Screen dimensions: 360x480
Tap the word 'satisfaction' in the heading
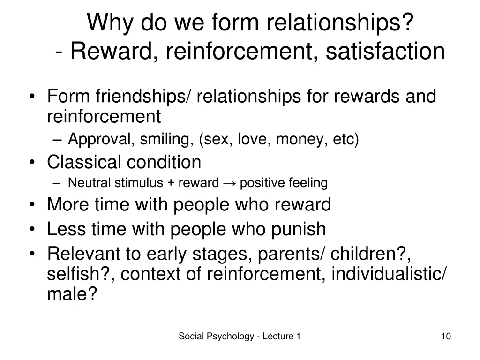click(x=385, y=51)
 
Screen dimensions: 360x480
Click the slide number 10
click(x=446, y=336)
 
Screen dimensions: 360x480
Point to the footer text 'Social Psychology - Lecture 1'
click(x=240, y=336)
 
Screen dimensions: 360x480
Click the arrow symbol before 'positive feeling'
click(x=229, y=183)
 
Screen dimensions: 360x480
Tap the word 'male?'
click(x=72, y=294)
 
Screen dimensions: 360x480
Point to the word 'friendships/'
click(x=144, y=97)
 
